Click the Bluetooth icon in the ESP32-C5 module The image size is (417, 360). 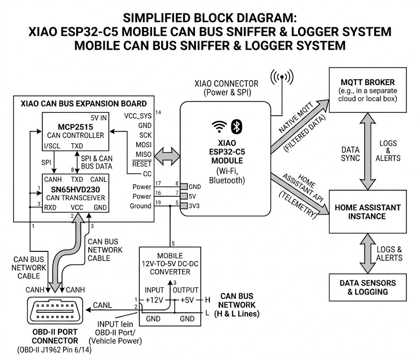click(x=236, y=126)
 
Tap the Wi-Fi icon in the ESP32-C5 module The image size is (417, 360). click(x=219, y=127)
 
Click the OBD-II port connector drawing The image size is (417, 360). click(x=55, y=310)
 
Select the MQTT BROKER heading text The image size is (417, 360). click(x=368, y=82)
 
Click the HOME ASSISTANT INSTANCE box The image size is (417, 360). click(x=368, y=212)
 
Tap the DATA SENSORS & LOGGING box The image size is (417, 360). click(x=368, y=288)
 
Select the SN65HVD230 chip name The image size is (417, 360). click(x=75, y=190)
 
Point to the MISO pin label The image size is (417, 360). click(x=144, y=154)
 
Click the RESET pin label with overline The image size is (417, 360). click(x=142, y=164)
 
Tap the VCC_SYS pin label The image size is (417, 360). click(x=138, y=116)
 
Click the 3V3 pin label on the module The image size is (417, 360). click(x=194, y=206)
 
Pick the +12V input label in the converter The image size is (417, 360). click(x=154, y=300)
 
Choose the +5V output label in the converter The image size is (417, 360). click(x=187, y=300)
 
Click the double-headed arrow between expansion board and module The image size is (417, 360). click(x=167, y=157)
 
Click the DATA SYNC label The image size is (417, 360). click(x=350, y=154)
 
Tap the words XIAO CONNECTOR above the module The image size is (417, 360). click(x=226, y=84)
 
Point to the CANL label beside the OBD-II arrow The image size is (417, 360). click(x=102, y=305)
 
